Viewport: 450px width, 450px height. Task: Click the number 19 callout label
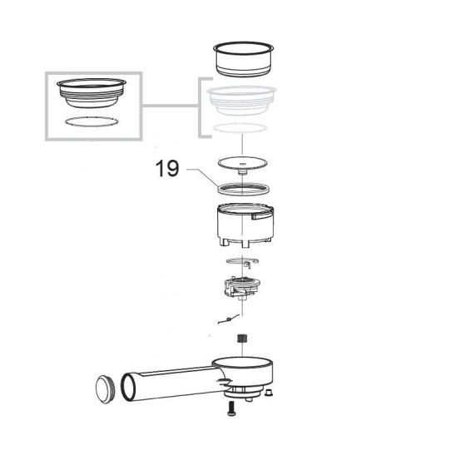click(167, 168)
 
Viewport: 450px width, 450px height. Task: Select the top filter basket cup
click(244, 59)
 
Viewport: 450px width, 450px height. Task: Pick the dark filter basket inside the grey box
click(91, 92)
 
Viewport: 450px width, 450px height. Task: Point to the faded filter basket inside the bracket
click(242, 101)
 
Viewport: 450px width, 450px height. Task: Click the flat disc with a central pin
click(243, 164)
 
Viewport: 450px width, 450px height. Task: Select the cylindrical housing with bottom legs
click(244, 225)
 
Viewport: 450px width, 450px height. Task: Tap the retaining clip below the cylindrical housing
click(243, 262)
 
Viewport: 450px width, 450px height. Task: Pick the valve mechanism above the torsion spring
click(242, 287)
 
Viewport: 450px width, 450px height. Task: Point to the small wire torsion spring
click(229, 319)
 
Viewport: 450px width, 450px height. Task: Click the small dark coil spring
click(242, 339)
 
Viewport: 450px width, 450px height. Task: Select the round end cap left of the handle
click(106, 389)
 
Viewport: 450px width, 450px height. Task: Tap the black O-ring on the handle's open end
click(121, 388)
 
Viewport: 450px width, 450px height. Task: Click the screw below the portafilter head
click(232, 408)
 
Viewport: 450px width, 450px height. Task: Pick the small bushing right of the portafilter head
click(269, 393)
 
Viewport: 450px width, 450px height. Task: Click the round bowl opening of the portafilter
click(242, 362)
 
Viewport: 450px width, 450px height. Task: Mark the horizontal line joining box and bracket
click(171, 106)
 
